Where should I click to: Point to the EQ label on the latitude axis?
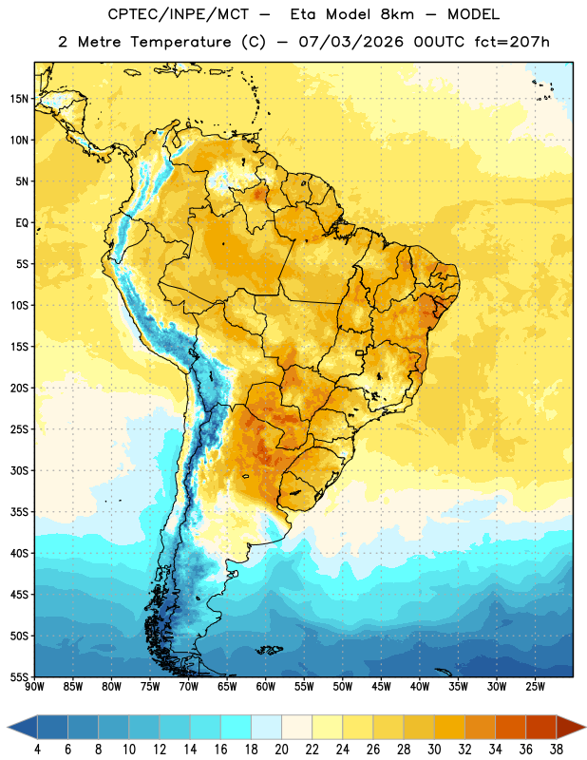pos(22,223)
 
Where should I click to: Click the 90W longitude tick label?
pos(34,686)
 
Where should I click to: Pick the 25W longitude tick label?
pos(535,686)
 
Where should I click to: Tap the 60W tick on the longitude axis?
pos(266,686)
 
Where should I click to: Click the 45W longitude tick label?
pos(381,686)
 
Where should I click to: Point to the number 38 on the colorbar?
pos(556,750)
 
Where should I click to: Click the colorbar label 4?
pos(37,750)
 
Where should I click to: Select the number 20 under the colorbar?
pos(281,750)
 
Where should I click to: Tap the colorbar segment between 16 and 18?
pos(236,728)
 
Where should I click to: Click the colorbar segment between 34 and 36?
pos(510,728)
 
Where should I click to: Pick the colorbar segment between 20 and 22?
pos(296,728)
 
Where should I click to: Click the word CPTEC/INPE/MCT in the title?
pos(179,14)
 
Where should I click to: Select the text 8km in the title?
pos(396,14)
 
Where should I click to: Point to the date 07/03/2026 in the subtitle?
pos(350,42)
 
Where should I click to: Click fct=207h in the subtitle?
pos(512,42)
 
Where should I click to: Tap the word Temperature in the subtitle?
pos(180,43)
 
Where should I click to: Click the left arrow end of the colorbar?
pos(19,728)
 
